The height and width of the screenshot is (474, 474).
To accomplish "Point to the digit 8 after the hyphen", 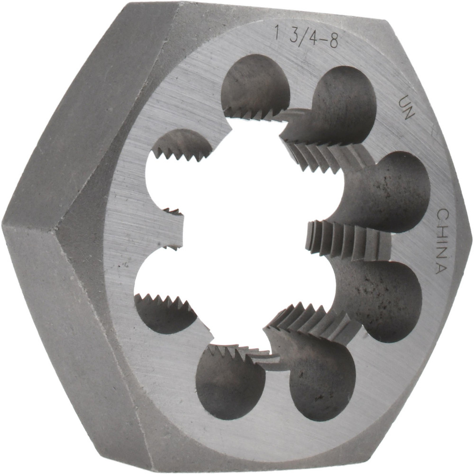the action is [333, 42].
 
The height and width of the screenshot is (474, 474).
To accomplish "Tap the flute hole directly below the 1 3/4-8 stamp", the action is [256, 85].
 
